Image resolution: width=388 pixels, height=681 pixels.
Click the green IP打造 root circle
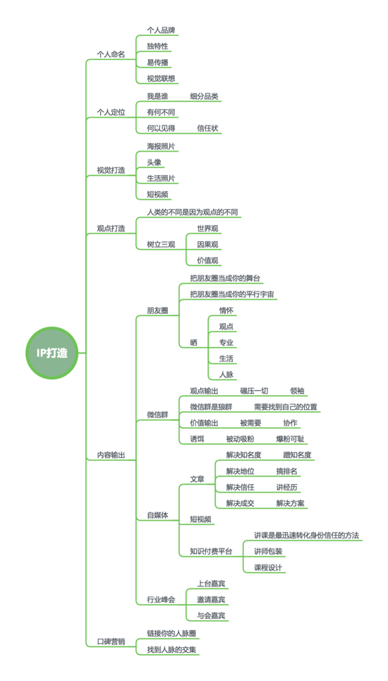click(51, 353)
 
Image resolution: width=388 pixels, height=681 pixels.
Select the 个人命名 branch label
click(111, 54)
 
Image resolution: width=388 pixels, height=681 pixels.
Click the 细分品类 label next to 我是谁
click(204, 97)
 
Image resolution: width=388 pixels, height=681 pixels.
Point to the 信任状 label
click(207, 128)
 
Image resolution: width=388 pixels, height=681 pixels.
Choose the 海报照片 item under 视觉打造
click(161, 146)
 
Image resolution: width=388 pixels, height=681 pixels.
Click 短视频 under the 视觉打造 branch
click(157, 194)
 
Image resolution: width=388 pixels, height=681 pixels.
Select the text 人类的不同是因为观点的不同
click(193, 212)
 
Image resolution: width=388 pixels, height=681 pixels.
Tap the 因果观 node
click(207, 244)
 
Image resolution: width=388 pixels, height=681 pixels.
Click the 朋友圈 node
click(157, 311)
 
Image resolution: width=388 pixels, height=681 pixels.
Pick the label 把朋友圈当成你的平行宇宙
click(232, 294)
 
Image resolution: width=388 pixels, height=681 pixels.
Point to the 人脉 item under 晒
click(226, 374)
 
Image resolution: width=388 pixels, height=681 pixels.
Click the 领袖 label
click(297, 391)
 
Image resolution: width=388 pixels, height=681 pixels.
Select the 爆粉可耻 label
click(291, 439)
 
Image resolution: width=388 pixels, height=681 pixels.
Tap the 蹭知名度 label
click(297, 455)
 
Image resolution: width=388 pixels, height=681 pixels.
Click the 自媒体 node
click(157, 516)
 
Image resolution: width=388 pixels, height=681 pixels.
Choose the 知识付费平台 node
click(211, 551)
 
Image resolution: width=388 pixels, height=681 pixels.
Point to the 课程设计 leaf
click(268, 567)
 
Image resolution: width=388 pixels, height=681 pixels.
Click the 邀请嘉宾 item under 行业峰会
click(211, 600)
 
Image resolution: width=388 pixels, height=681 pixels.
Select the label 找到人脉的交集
click(174, 650)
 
